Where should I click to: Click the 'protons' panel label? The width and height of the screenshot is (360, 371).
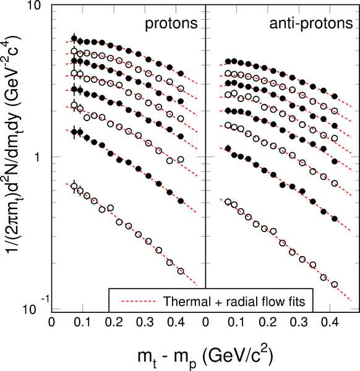(171, 24)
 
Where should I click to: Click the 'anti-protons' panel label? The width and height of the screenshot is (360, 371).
(311, 24)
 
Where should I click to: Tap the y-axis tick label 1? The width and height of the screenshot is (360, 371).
(38, 157)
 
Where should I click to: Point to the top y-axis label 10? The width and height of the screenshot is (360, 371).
(35, 6)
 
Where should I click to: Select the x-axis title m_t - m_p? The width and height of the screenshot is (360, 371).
(206, 357)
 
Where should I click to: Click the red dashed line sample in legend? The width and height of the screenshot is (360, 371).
(139, 302)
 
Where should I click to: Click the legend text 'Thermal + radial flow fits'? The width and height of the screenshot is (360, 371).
(234, 302)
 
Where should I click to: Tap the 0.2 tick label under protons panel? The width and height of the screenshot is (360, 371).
(114, 322)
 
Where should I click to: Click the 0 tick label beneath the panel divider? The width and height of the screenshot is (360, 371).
(206, 322)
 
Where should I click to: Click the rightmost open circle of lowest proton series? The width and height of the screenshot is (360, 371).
(181, 271)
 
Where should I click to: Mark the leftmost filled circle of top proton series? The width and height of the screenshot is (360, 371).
(74, 38)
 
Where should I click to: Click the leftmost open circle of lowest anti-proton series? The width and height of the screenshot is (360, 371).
(228, 202)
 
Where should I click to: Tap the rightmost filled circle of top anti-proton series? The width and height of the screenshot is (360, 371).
(335, 96)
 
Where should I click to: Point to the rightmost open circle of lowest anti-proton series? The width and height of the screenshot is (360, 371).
(335, 284)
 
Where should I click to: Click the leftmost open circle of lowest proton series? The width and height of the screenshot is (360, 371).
(74, 186)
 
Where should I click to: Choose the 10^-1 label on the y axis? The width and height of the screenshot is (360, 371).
(35, 307)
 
